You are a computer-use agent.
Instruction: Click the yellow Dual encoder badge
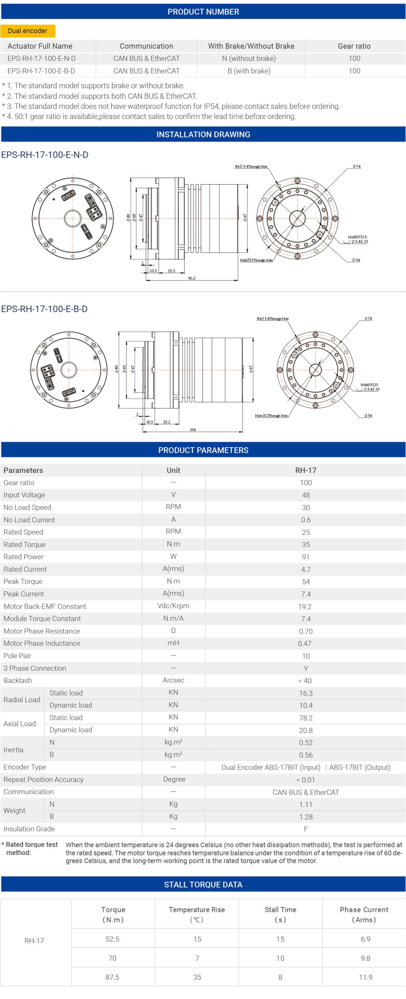click(x=27, y=31)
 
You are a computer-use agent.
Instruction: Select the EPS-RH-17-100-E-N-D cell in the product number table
click(x=41, y=59)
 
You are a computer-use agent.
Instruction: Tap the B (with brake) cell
click(x=249, y=71)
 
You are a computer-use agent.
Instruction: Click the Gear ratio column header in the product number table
click(x=354, y=46)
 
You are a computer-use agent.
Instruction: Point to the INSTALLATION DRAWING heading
click(x=203, y=135)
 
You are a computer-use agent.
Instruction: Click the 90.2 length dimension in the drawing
click(x=192, y=278)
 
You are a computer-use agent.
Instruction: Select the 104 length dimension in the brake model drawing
click(x=193, y=430)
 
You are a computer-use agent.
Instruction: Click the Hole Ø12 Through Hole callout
click(x=271, y=416)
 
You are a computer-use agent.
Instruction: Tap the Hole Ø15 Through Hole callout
click(x=256, y=260)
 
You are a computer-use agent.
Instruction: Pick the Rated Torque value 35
click(x=306, y=545)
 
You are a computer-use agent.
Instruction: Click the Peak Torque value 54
click(x=306, y=582)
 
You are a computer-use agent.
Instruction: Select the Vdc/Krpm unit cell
click(x=173, y=606)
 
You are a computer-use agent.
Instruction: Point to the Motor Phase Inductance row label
click(x=42, y=643)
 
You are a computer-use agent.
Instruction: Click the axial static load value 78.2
click(x=306, y=718)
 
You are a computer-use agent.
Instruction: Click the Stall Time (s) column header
click(x=280, y=914)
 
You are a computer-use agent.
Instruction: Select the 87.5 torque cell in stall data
click(x=112, y=977)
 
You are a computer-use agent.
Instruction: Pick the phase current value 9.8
click(x=365, y=958)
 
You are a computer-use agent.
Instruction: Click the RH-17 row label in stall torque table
click(x=34, y=941)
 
